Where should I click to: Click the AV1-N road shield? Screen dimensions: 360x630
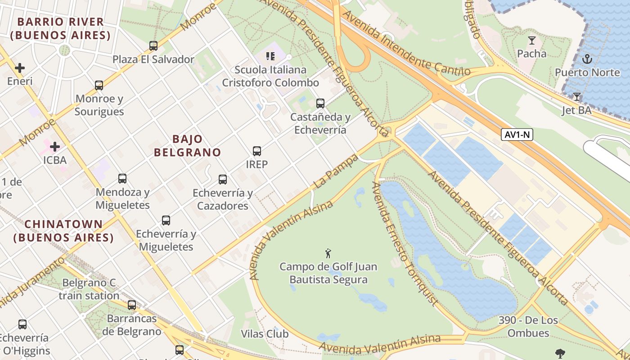point(517,134)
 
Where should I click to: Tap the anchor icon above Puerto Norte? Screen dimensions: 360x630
point(587,58)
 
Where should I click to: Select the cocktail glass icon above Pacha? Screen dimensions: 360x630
point(531,40)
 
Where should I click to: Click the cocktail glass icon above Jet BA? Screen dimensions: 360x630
point(576,97)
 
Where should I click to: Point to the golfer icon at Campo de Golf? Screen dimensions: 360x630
point(328,253)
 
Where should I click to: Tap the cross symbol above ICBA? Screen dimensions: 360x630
point(55,147)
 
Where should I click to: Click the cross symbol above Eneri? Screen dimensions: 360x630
point(20,68)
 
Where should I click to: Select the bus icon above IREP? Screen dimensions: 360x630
point(257,151)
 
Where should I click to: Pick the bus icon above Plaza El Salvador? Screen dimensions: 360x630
point(153,46)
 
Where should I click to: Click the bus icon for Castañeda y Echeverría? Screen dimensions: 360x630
point(320,103)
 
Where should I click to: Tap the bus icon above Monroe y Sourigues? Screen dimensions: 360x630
point(99,85)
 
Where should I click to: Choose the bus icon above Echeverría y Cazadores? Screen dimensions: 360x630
point(223,180)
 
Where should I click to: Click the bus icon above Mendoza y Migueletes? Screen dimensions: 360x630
point(122,179)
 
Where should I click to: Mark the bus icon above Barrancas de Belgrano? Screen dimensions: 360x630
point(132,305)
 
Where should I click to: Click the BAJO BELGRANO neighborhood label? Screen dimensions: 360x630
point(187,145)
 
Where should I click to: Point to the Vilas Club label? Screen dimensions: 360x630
point(265,334)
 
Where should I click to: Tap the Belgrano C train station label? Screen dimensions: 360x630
point(89,289)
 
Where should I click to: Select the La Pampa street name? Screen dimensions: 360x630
point(336,171)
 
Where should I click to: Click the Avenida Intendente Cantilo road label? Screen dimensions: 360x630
point(406,44)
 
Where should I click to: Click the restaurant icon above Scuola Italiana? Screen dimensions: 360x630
point(270,56)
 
